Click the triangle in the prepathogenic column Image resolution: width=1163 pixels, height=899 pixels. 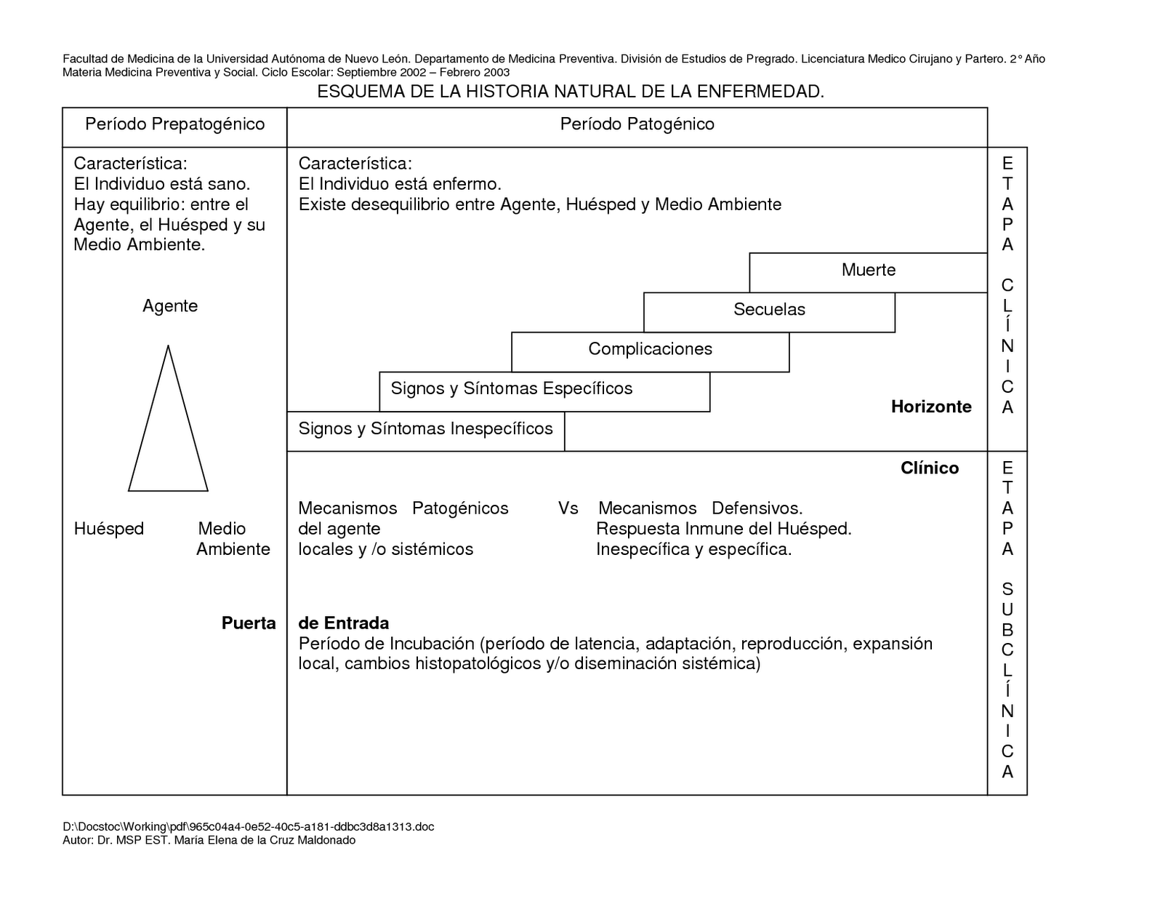pos(168,429)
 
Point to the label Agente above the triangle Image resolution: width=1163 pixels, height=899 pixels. pos(170,305)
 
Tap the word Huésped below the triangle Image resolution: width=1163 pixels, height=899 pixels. pos(109,529)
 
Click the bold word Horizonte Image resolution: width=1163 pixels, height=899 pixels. pos(931,407)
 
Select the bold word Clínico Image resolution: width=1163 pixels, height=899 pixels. pos(929,468)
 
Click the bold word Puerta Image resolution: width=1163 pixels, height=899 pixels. pos(249,623)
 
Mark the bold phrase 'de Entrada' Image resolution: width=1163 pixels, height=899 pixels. pos(344,623)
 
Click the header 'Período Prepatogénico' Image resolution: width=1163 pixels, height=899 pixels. pos(174,124)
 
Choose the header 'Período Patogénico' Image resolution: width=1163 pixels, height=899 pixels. pos(637,124)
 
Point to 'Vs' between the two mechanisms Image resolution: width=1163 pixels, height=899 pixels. pos(568,508)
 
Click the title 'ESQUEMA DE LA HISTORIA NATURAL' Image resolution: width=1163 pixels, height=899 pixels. pos(571,92)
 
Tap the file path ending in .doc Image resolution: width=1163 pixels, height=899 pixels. pos(249,827)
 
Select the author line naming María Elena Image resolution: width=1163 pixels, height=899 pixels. pos(209,841)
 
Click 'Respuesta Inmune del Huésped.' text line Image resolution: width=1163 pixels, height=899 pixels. pos(723,529)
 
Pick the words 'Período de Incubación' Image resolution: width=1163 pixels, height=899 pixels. pos(386,644)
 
